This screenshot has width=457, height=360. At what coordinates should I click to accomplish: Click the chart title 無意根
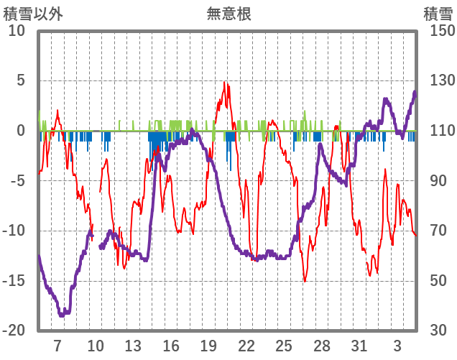click(228, 14)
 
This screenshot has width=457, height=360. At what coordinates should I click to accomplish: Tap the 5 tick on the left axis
click(21, 80)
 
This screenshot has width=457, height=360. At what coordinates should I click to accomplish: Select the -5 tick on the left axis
click(17, 180)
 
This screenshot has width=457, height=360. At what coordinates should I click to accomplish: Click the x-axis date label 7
click(57, 345)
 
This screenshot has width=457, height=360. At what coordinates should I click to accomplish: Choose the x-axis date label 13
click(133, 345)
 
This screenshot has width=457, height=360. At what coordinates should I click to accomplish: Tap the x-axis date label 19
click(208, 345)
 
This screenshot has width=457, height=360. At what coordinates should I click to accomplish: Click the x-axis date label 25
click(284, 345)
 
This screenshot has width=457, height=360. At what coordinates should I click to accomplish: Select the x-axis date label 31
click(359, 345)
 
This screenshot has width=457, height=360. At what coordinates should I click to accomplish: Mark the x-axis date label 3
click(397, 345)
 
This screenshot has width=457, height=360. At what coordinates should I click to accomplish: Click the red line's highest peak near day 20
click(224, 82)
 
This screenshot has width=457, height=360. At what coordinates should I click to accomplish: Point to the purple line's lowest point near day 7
click(63, 315)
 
